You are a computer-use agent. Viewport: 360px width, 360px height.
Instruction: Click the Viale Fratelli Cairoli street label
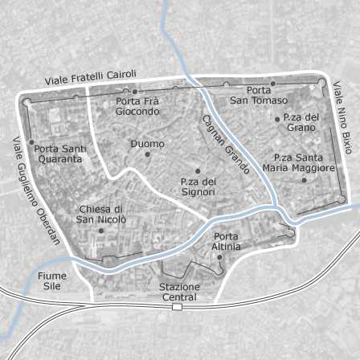coord(91,78)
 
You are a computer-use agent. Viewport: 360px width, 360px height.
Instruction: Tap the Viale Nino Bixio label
coord(343,117)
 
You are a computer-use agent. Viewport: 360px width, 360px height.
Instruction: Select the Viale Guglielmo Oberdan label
coord(35,190)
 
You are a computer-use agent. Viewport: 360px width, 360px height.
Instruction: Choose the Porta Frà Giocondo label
coord(137,106)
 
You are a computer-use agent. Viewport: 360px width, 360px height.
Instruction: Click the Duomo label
coord(147,143)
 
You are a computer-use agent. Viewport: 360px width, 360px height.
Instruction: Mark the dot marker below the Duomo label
coord(147,153)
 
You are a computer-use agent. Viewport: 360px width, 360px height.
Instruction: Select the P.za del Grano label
coord(301,122)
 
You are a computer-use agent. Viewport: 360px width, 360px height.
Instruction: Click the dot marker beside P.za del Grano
coord(277,119)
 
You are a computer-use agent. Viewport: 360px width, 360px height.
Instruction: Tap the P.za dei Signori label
coord(198,186)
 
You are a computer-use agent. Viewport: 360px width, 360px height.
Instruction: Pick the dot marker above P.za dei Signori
coord(198,171)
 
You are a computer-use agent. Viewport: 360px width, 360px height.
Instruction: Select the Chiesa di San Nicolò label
coord(101,213)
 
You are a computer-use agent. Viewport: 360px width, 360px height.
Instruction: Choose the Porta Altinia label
coord(227,241)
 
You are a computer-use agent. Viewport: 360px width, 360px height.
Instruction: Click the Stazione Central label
coord(178,292)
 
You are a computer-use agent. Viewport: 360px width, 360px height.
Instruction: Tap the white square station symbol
coord(177,306)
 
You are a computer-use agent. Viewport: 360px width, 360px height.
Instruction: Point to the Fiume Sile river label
coord(52,280)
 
